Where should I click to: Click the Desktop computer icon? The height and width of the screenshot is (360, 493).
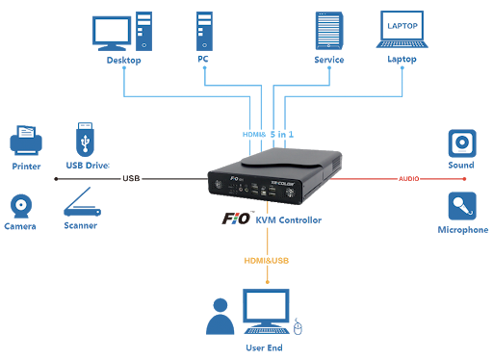[121, 32]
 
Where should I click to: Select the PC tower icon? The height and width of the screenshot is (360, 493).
[203, 32]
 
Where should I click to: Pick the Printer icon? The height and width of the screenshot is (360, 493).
[26, 143]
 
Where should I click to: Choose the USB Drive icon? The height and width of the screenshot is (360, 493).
[86, 140]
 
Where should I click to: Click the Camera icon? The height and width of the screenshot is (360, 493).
[22, 204]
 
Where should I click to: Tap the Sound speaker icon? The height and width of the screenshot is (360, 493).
[461, 143]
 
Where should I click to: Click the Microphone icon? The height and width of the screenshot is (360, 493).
[461, 206]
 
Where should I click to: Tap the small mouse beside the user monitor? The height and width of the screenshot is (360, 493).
[298, 328]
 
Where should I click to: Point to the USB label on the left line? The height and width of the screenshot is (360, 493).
[131, 178]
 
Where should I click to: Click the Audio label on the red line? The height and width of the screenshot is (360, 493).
[407, 178]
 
